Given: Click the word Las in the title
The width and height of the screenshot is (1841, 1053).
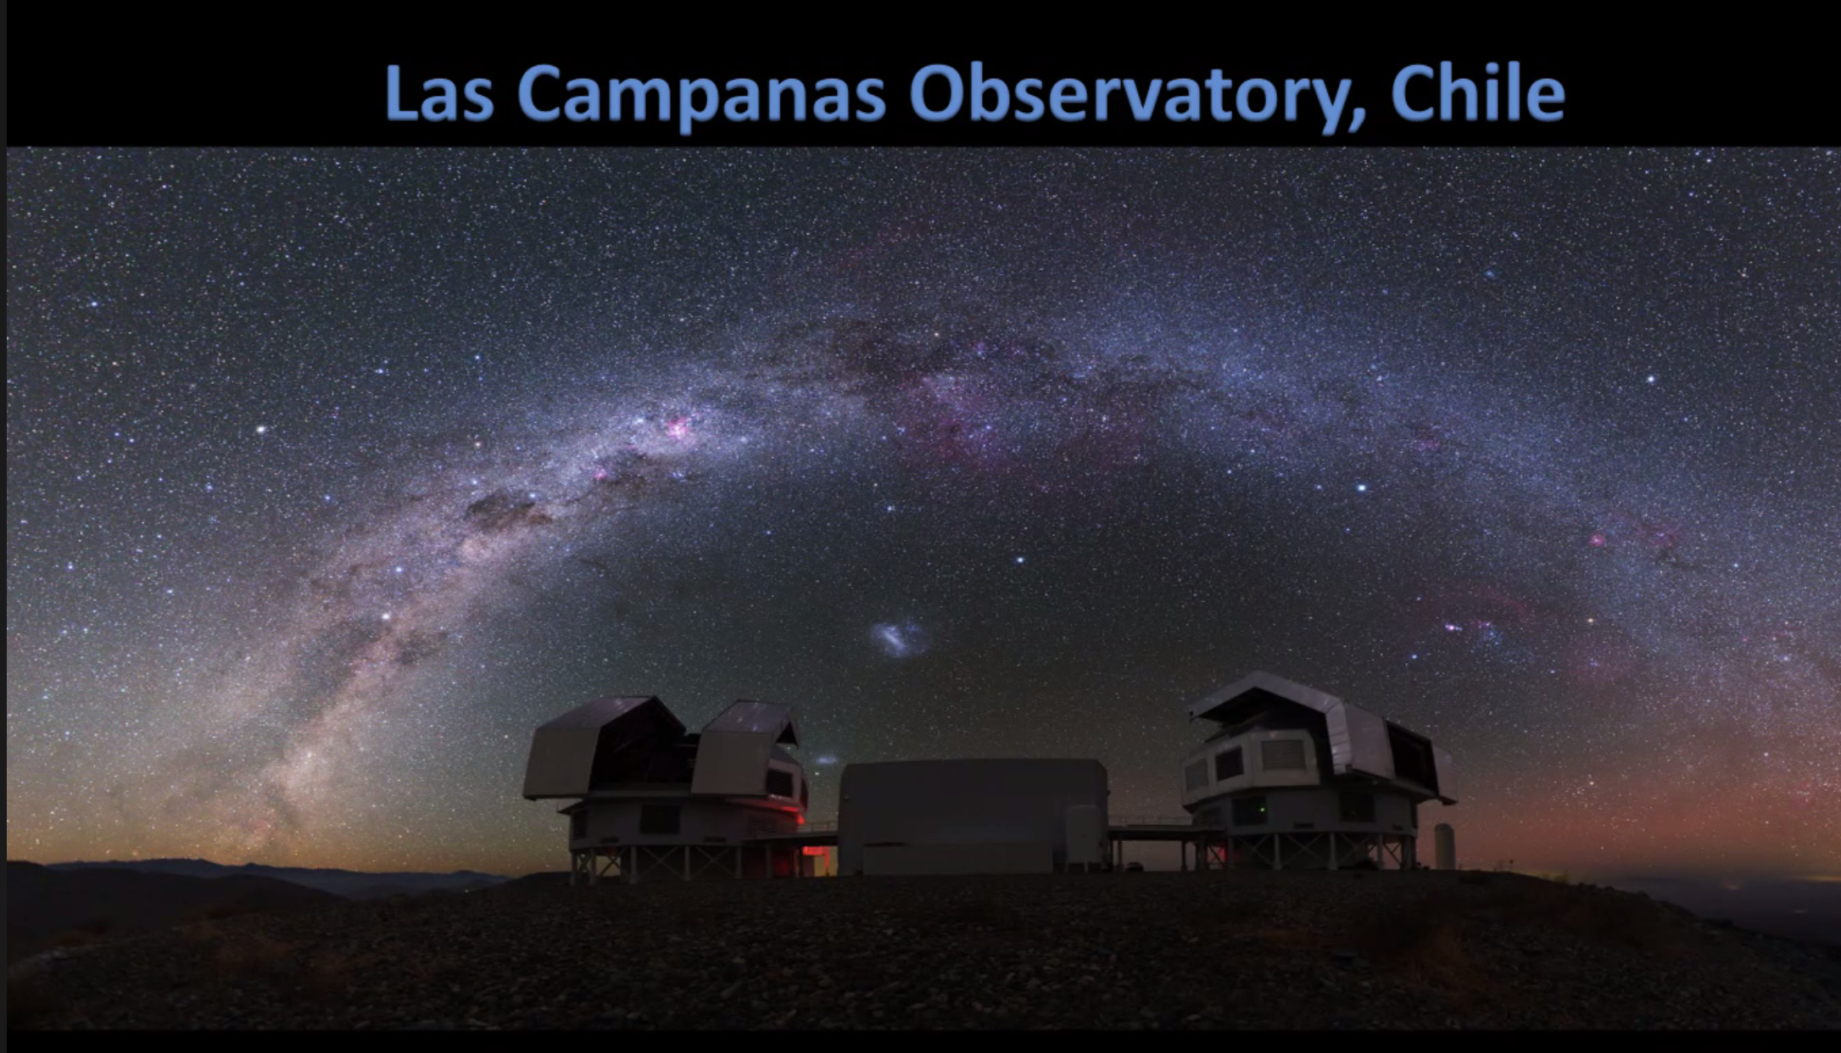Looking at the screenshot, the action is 438,92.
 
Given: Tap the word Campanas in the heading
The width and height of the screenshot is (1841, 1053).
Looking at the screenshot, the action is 701,96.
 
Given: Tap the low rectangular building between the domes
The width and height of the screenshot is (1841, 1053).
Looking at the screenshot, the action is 973,816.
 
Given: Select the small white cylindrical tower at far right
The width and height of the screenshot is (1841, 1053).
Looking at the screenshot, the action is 1444,846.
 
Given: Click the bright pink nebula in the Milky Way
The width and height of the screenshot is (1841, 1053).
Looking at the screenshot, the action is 678,426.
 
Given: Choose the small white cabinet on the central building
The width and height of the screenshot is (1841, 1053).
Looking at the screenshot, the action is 1083,836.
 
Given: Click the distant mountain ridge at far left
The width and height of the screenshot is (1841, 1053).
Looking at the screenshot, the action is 254,873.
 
